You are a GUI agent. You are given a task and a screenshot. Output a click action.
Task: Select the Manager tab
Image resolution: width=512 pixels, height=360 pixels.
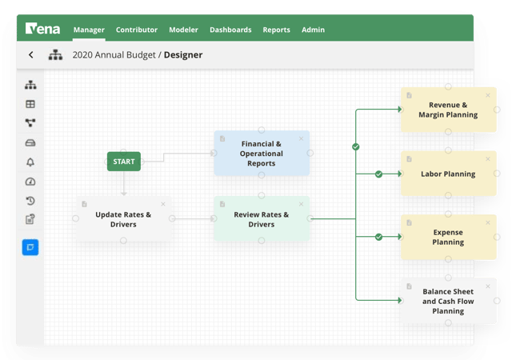[x=89, y=30]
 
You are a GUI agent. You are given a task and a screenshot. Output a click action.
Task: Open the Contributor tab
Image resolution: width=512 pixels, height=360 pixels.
[x=137, y=30]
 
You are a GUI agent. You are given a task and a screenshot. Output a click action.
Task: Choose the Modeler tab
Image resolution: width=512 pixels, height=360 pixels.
[x=183, y=30]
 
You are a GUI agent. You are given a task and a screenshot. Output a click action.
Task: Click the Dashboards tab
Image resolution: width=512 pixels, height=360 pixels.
[x=230, y=30]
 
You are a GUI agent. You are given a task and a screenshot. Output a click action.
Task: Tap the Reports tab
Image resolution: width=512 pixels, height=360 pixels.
[x=276, y=30]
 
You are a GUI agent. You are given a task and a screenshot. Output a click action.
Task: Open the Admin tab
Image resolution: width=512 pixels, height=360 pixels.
[x=313, y=30]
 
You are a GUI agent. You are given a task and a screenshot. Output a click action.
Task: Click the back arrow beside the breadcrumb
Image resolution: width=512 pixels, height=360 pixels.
[x=31, y=55]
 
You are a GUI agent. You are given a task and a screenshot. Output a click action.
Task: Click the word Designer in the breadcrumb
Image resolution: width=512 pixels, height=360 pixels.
[x=183, y=55]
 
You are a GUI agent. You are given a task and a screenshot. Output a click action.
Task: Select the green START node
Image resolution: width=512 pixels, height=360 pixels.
[x=124, y=162]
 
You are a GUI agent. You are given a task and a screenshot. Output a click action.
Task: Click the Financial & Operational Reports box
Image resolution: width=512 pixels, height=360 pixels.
[x=261, y=154]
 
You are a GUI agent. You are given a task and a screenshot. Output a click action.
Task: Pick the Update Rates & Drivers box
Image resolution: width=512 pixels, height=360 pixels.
[x=123, y=219]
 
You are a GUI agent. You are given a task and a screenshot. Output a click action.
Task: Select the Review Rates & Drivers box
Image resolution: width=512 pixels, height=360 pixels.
[x=261, y=219]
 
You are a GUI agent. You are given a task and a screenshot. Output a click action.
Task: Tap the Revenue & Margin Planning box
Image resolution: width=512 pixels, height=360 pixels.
[x=448, y=110]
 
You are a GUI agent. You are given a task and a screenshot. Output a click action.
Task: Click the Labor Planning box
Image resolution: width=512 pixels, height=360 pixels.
[x=448, y=174]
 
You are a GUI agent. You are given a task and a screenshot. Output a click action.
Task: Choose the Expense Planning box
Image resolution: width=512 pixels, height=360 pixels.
[x=448, y=237]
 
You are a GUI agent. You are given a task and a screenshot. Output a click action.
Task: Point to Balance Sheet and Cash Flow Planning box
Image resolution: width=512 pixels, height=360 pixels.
[x=448, y=302]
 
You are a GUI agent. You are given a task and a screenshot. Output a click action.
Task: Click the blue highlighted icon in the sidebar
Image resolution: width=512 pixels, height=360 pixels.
[x=30, y=247]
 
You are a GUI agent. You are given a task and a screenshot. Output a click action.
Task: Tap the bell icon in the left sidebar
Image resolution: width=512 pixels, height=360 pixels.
[x=30, y=162]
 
